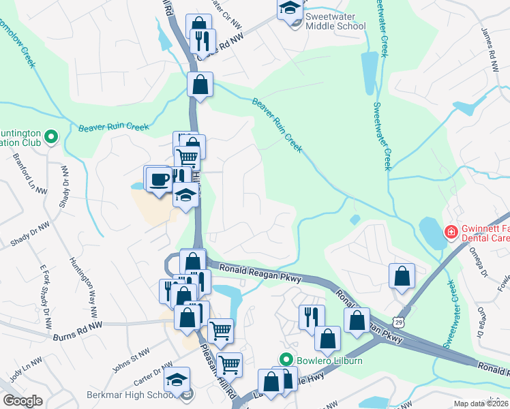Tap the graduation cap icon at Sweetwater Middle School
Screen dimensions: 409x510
290,7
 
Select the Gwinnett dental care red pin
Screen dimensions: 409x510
450,233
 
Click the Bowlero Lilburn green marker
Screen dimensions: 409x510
287,359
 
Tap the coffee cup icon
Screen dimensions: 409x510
160,179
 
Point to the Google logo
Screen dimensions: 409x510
22,401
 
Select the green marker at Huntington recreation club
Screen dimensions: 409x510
50,138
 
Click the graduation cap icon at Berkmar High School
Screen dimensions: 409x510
177,379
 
